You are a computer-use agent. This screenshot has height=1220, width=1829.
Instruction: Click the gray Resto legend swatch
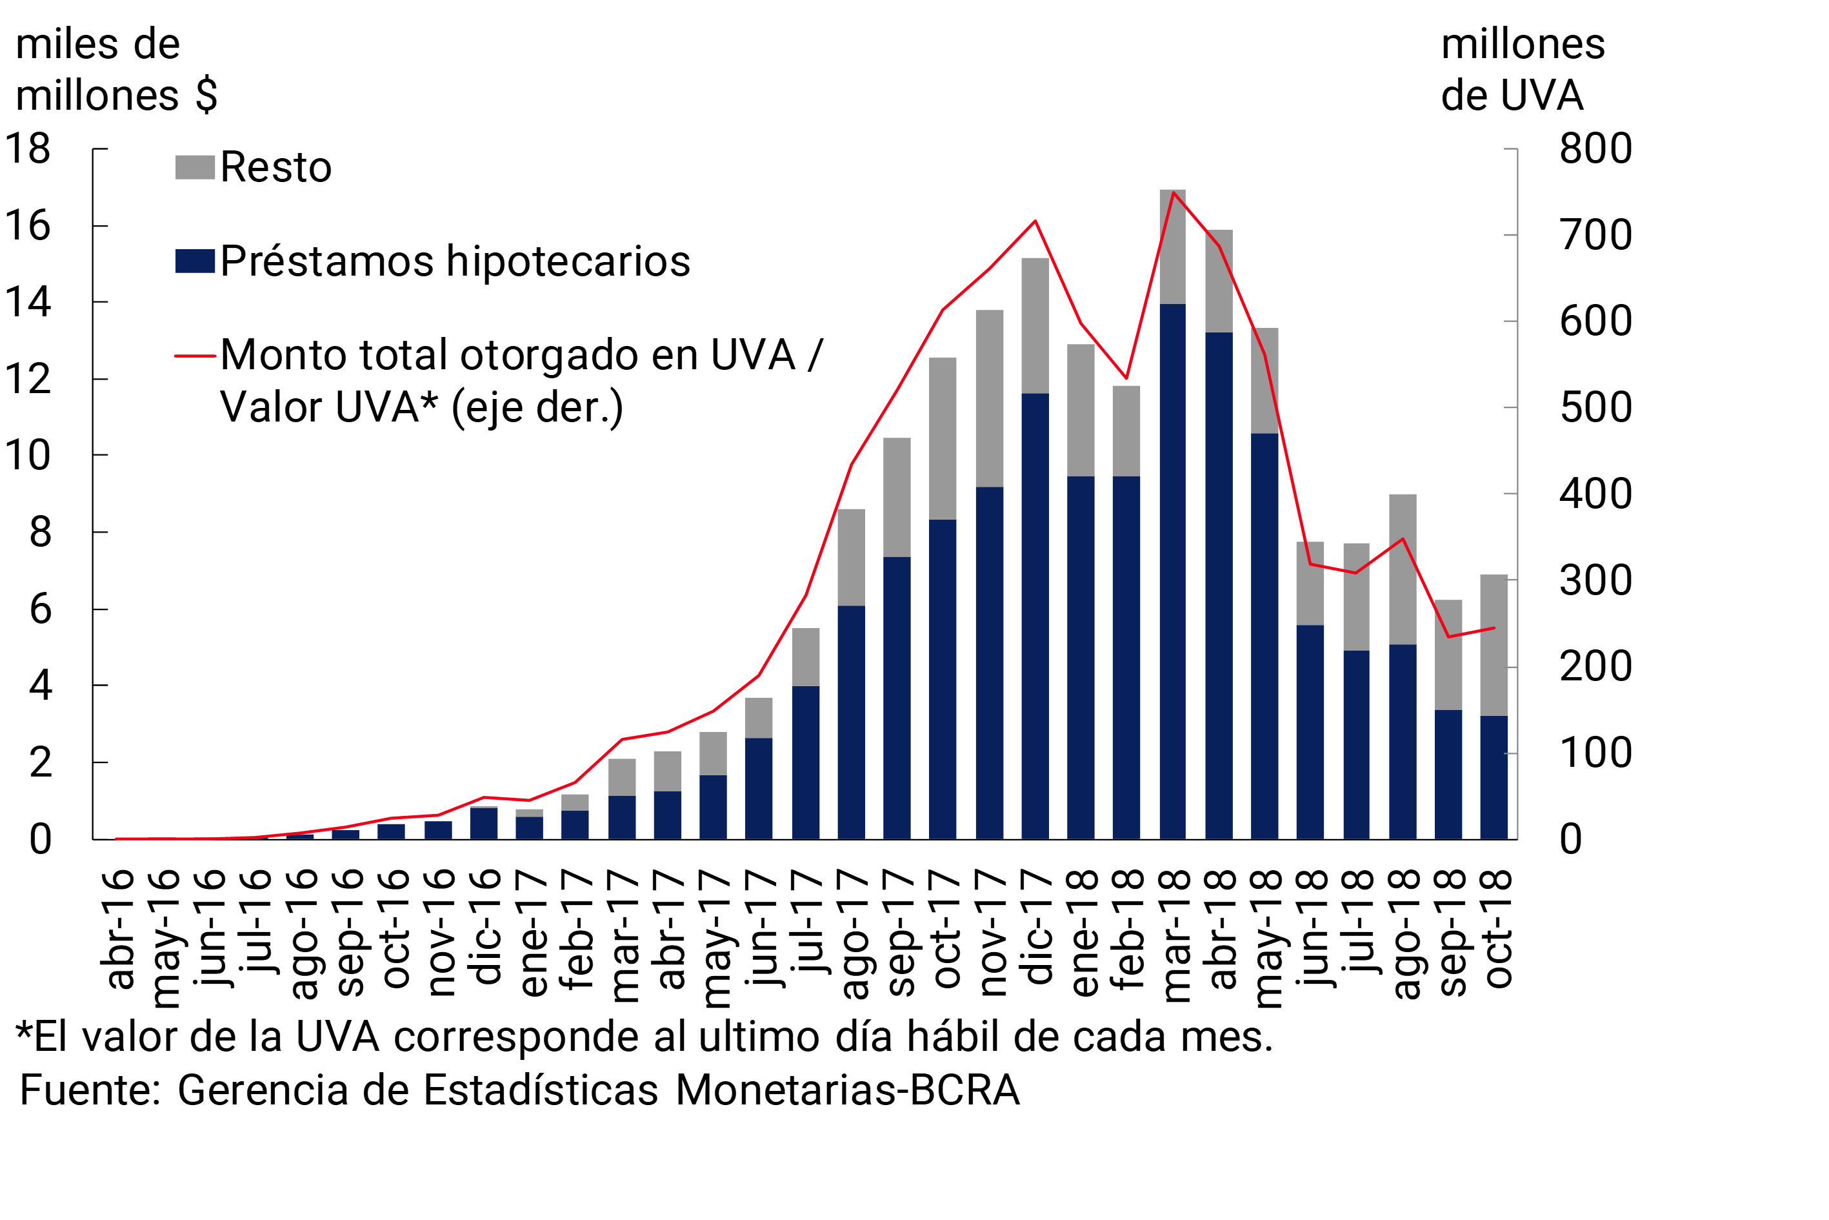[x=194, y=167]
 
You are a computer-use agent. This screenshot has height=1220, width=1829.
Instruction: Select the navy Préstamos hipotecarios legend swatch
[x=194, y=261]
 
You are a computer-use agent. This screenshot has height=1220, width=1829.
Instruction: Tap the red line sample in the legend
[x=194, y=356]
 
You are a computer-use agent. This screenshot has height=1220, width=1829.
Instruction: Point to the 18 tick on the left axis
[x=28, y=148]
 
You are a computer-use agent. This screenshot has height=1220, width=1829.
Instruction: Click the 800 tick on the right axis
[x=1595, y=148]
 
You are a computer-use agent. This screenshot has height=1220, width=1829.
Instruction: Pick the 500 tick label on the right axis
[x=1595, y=408]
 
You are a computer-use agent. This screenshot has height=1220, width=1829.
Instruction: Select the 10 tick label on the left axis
[x=28, y=456]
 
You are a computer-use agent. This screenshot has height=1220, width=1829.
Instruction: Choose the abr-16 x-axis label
[x=117, y=930]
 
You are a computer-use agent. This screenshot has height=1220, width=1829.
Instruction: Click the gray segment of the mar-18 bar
[x=1173, y=247]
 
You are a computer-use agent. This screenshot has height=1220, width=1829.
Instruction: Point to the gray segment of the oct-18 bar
[x=1494, y=645]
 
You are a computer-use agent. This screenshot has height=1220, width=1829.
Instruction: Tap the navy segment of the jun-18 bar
[x=1310, y=731]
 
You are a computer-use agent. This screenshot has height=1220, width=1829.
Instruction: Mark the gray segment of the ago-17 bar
[x=852, y=557]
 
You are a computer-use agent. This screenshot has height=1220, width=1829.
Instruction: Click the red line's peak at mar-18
[x=1174, y=192]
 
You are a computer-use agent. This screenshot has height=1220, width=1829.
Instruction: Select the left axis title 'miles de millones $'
[x=117, y=70]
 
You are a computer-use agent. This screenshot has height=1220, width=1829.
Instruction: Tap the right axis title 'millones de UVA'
[x=1522, y=70]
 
